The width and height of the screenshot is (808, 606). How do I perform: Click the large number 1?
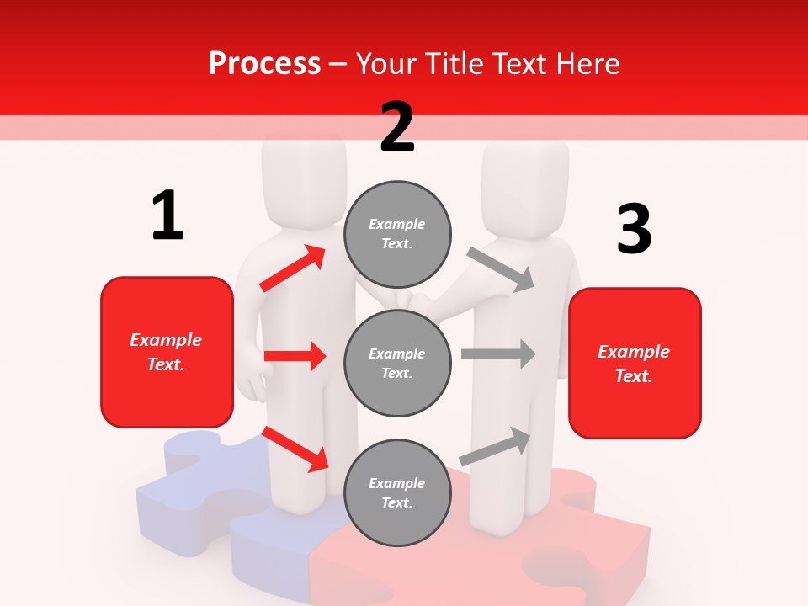point(167,215)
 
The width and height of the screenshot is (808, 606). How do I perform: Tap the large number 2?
point(397,127)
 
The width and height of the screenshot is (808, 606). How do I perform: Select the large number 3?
point(634,229)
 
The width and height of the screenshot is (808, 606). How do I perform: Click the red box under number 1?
point(167,352)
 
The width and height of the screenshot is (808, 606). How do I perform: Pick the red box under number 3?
point(635,364)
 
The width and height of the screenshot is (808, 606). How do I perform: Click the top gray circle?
point(397,234)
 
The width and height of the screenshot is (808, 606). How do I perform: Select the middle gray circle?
point(397,364)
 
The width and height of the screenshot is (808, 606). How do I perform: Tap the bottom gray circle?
point(397,493)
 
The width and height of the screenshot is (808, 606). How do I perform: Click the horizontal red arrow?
point(295,356)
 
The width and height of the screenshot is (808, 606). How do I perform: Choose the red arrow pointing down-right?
point(295,449)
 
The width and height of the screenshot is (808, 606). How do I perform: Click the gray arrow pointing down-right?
point(501,268)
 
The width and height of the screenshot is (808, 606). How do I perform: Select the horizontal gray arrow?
point(498,353)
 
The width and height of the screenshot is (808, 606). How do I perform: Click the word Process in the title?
point(264,63)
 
